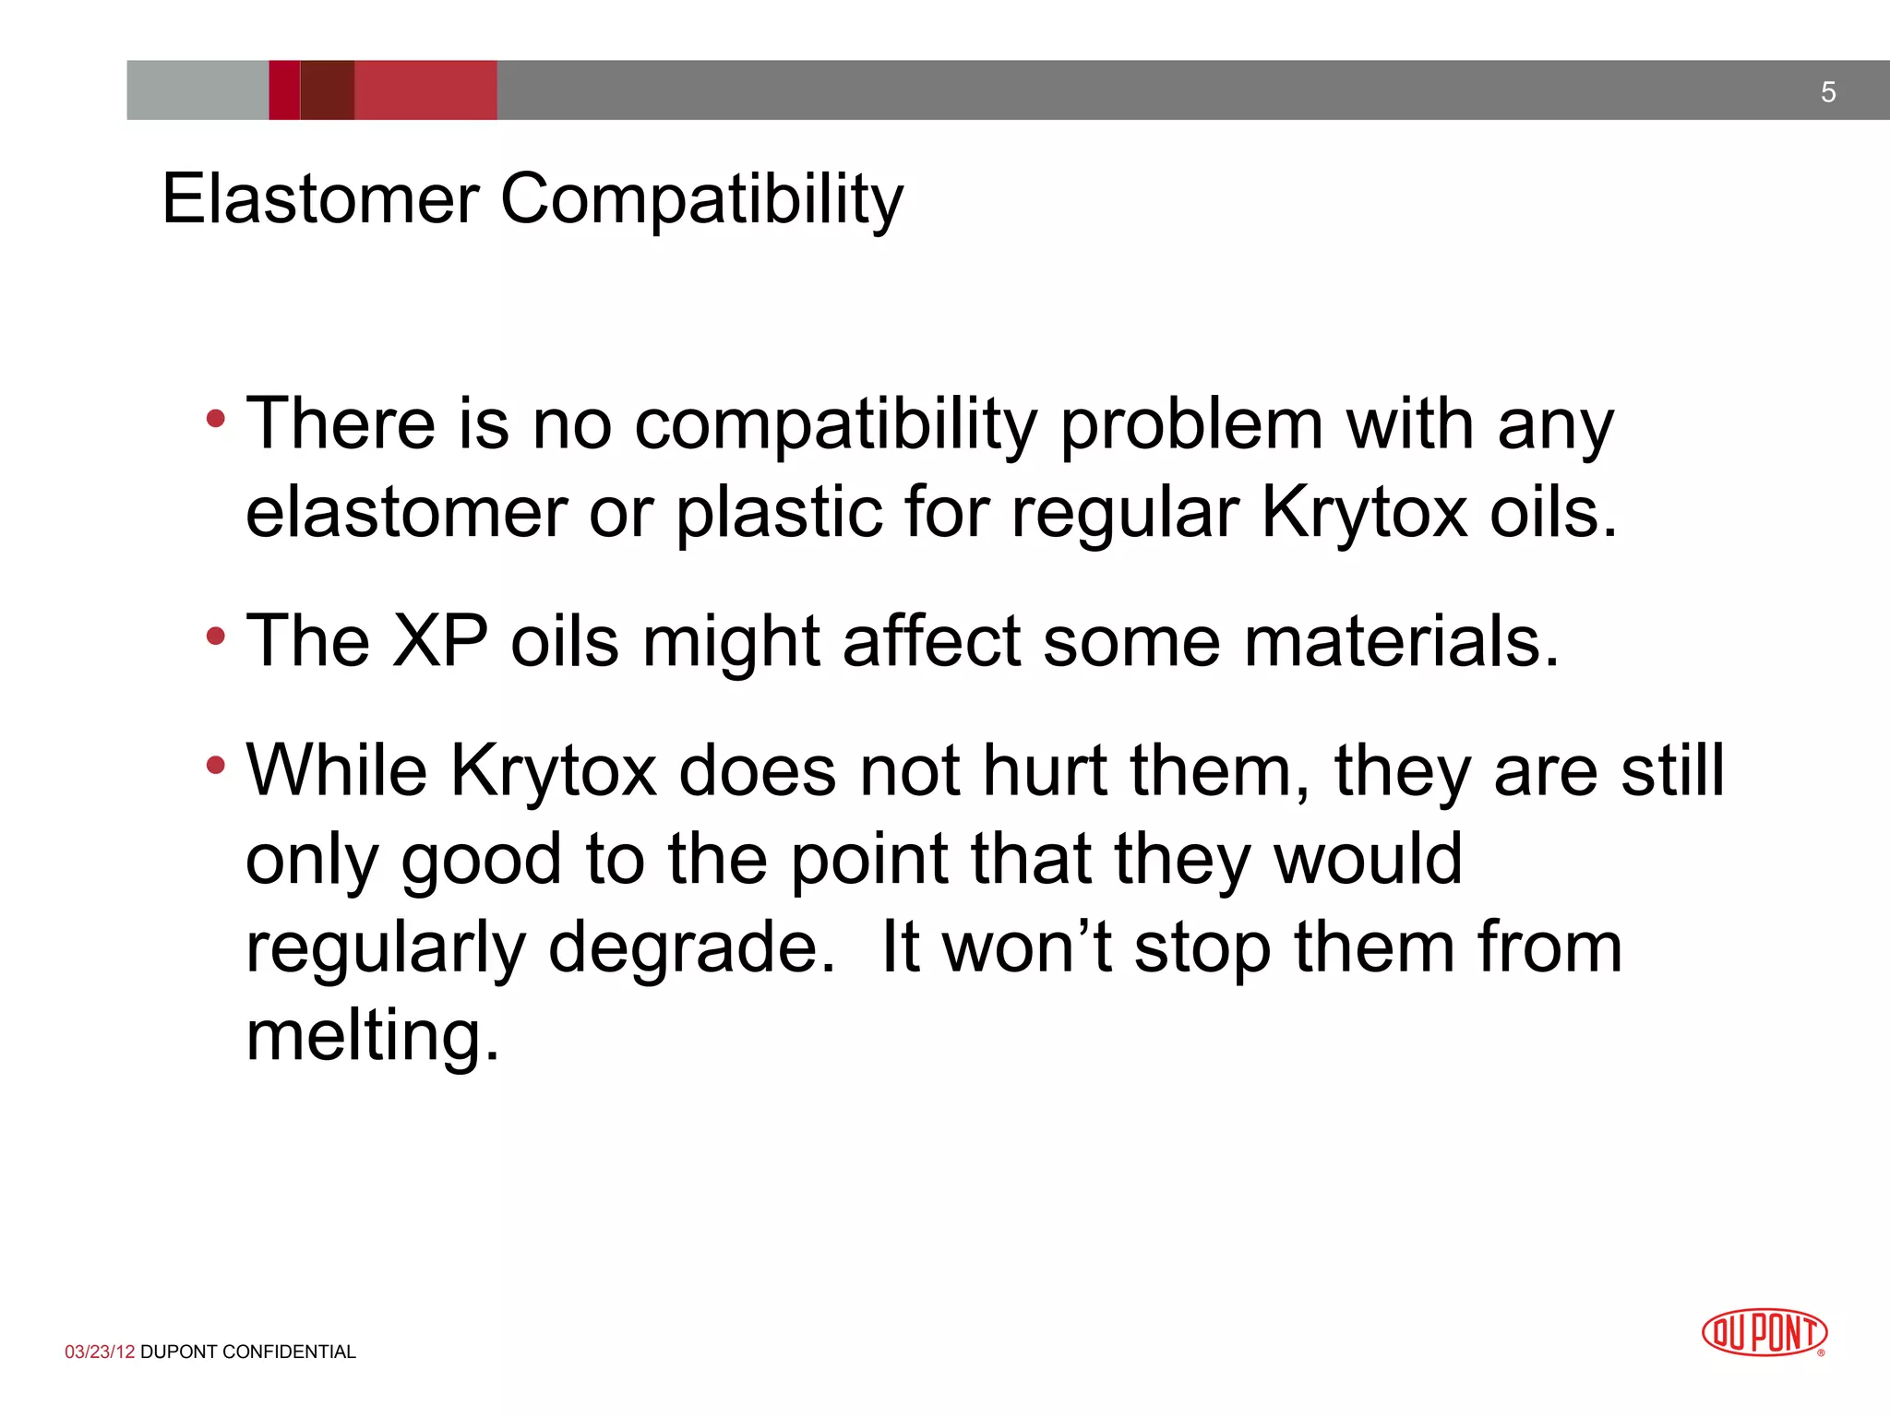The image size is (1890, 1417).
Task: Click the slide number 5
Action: tap(1827, 92)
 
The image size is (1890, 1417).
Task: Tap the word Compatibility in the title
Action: tap(701, 200)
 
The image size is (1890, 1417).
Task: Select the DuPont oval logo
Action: tap(1764, 1333)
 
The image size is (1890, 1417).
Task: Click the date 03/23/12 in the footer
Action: tap(100, 1352)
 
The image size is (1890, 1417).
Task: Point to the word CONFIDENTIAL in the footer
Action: tap(289, 1352)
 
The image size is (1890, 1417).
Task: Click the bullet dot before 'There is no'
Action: tap(216, 420)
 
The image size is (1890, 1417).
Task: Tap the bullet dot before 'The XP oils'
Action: tap(216, 636)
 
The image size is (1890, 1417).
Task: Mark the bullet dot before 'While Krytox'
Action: tap(216, 765)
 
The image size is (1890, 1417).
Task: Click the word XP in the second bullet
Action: tap(440, 640)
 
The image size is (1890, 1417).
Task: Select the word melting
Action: tap(372, 1036)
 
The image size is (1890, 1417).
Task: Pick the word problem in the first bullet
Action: tap(1191, 426)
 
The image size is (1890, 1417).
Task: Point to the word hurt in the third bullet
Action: tap(1045, 770)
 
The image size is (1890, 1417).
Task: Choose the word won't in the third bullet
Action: tap(1027, 947)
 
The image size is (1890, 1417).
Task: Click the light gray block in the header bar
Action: tap(197, 90)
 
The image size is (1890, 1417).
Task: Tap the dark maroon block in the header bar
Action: tap(328, 90)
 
